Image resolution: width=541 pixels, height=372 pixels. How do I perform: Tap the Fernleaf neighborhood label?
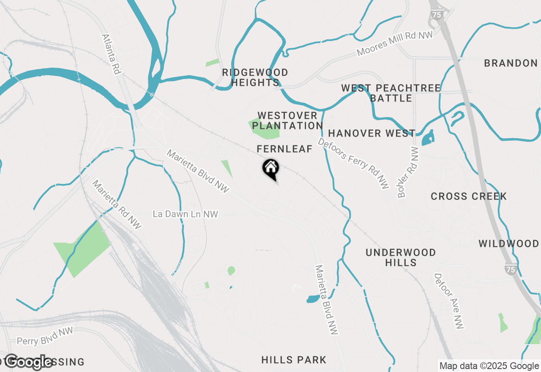[284, 149]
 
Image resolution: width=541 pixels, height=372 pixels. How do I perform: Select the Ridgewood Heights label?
[255, 77]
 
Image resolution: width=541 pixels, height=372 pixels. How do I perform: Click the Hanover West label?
[372, 134]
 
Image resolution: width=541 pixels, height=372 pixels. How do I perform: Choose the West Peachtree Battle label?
[391, 93]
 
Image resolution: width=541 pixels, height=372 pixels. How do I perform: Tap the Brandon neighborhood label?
[511, 63]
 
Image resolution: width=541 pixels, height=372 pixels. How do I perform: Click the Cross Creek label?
[469, 196]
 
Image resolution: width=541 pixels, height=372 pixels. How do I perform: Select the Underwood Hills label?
[401, 257]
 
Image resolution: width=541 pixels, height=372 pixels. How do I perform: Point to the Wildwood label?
[509, 243]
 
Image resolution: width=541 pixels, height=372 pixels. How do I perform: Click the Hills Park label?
[294, 360]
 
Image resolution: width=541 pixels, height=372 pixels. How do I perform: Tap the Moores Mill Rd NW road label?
[395, 43]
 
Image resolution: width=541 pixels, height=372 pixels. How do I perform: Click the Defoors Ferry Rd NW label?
[353, 163]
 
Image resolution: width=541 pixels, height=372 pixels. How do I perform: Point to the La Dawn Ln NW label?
[185, 214]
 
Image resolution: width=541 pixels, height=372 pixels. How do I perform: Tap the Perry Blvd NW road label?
[45, 336]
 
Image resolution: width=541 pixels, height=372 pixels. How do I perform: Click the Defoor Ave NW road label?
[449, 301]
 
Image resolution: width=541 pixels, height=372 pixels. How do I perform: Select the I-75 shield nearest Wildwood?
[511, 269]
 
